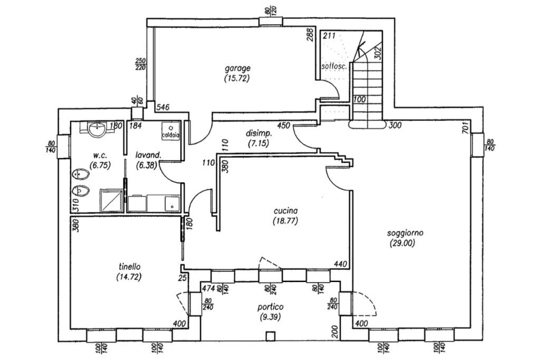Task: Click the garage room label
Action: coord(238,68)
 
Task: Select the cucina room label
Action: coord(286,211)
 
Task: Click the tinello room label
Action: coord(130,267)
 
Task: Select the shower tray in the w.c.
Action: coord(112,201)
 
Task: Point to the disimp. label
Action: coord(259,134)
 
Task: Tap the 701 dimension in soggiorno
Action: coord(465,128)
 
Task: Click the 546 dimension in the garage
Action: coord(163,108)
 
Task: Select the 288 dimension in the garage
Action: coord(311,35)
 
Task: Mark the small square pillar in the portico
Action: coord(271,335)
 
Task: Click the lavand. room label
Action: coord(148,155)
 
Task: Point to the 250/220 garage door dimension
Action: coord(140,64)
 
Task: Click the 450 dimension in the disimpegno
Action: coord(284,125)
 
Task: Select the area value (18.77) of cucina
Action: coord(286,221)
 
